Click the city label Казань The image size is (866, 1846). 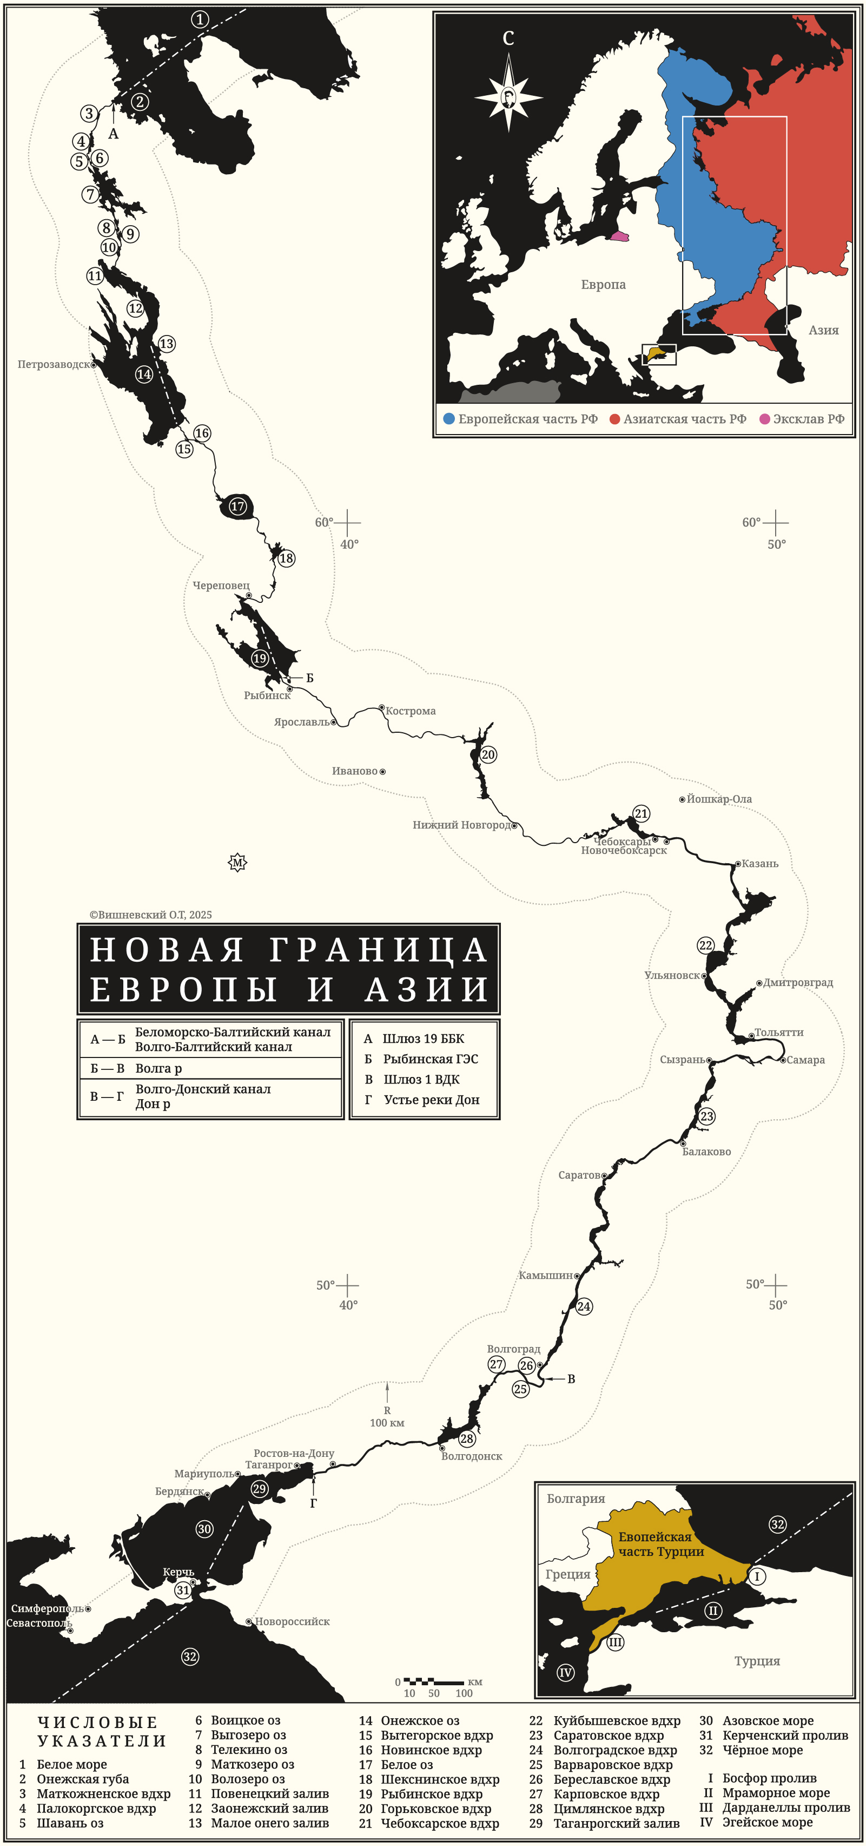point(759,864)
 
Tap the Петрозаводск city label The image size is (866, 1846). point(54,364)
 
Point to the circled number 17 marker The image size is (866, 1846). point(237,506)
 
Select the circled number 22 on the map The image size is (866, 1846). point(705,945)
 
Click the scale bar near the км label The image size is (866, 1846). point(433,1682)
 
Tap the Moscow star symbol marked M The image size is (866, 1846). point(237,862)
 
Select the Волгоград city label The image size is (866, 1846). point(513,1349)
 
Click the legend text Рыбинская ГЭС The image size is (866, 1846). point(431,1059)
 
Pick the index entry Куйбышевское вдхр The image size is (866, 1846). point(617,1720)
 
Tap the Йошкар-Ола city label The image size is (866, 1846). point(719,799)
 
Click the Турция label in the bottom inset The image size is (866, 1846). point(757,1660)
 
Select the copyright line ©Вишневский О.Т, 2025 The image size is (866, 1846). point(150,915)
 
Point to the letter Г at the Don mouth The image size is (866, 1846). point(313,1503)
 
